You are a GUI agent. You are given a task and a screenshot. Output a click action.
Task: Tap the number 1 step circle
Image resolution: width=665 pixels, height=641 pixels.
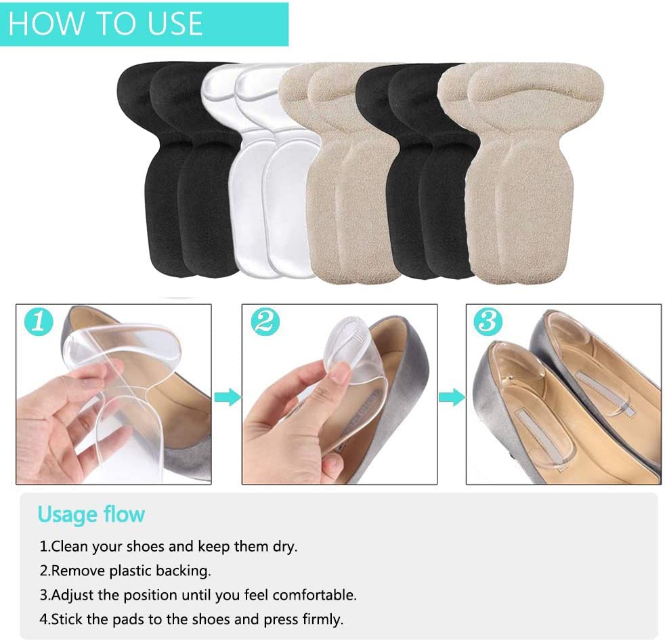pos(39,322)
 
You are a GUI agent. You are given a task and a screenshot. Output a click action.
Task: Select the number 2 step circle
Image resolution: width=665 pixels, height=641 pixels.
pos(265,322)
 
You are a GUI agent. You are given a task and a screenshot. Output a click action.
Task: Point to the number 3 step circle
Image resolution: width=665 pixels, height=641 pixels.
pos(488,322)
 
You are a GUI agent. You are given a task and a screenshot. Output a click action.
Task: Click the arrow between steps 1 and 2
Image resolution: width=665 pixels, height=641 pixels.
pos(227,397)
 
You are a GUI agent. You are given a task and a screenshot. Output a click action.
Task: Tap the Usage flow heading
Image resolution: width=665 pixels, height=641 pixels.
pos(91,514)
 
